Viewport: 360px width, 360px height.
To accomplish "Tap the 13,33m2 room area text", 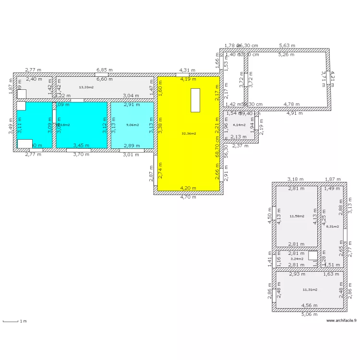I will [86, 87].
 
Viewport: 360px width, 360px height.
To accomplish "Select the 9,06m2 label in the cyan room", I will [132, 125].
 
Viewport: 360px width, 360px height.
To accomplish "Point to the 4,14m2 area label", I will [239, 125].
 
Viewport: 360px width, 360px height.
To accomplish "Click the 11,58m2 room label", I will [297, 216].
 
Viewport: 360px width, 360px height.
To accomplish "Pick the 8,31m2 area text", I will [332, 227].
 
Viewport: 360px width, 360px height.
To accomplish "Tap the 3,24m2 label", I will [297, 259].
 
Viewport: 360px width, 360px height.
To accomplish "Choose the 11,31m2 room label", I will [310, 289].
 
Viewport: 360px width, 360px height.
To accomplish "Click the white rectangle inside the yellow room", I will [195, 100].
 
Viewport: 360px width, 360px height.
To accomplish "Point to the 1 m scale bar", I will [14, 321].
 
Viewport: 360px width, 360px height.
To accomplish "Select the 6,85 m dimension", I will [104, 70].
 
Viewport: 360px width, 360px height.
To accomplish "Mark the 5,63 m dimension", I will [288, 46].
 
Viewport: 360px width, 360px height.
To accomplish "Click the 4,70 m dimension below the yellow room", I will [188, 197].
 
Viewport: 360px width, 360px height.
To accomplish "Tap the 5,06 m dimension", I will [309, 314].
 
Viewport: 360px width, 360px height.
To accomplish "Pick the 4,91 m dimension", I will [295, 113].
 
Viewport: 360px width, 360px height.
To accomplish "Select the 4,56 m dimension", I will [309, 305].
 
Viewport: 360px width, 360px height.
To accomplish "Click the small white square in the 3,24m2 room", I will [312, 255].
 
